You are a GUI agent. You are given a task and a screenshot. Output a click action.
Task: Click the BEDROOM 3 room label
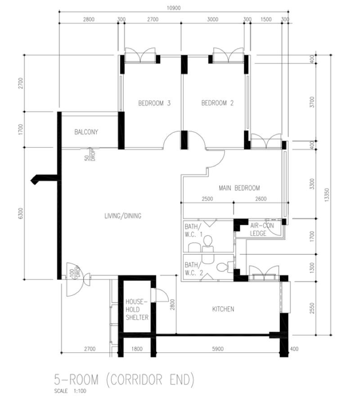[x=154, y=103]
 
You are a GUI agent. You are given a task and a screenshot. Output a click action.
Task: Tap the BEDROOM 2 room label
[x=217, y=103]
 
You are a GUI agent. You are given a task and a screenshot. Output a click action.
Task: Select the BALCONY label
[x=86, y=132]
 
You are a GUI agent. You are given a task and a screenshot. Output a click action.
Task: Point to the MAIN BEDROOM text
[x=239, y=188]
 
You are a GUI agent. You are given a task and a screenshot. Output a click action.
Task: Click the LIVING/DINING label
[x=122, y=216]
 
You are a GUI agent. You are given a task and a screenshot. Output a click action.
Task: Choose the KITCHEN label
[x=223, y=309]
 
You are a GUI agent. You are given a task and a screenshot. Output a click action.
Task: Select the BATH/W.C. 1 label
[x=193, y=230]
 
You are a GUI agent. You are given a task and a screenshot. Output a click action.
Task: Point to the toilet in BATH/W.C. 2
[x=222, y=267]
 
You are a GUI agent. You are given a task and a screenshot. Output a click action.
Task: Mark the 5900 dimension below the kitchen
[x=219, y=349]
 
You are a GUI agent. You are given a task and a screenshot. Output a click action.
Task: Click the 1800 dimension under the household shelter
[x=137, y=349]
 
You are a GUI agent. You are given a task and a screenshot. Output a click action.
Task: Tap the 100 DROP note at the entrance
[x=75, y=273]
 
